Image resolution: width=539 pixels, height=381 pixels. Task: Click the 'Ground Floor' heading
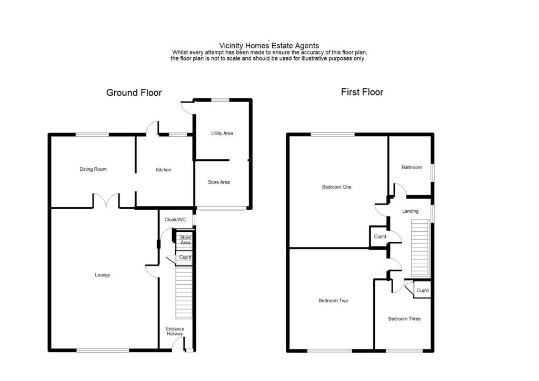(x=134, y=93)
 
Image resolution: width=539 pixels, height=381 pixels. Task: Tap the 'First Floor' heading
(x=362, y=92)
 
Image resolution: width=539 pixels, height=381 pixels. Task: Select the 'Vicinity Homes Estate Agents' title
(x=269, y=46)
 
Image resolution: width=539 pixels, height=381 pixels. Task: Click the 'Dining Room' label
(x=93, y=169)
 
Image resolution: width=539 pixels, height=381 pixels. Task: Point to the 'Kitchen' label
(x=163, y=170)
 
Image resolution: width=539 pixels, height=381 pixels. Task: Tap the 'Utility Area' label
(x=222, y=133)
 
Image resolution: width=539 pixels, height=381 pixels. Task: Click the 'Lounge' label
(x=103, y=275)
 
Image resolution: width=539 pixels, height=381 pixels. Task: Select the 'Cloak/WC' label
(x=175, y=220)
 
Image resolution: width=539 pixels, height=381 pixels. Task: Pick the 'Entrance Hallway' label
(x=175, y=331)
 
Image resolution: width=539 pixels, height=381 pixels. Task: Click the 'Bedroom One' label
(x=337, y=187)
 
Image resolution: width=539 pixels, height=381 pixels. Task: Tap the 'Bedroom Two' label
(x=333, y=301)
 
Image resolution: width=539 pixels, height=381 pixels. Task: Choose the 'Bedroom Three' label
(x=404, y=319)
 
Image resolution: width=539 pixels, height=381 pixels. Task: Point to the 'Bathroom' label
(x=412, y=168)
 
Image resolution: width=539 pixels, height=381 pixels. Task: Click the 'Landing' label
(x=410, y=211)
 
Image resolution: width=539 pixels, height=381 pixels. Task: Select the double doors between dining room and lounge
(x=106, y=200)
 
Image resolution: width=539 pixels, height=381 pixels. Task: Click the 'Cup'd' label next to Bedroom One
(x=380, y=237)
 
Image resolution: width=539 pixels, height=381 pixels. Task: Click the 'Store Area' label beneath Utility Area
(x=218, y=182)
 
